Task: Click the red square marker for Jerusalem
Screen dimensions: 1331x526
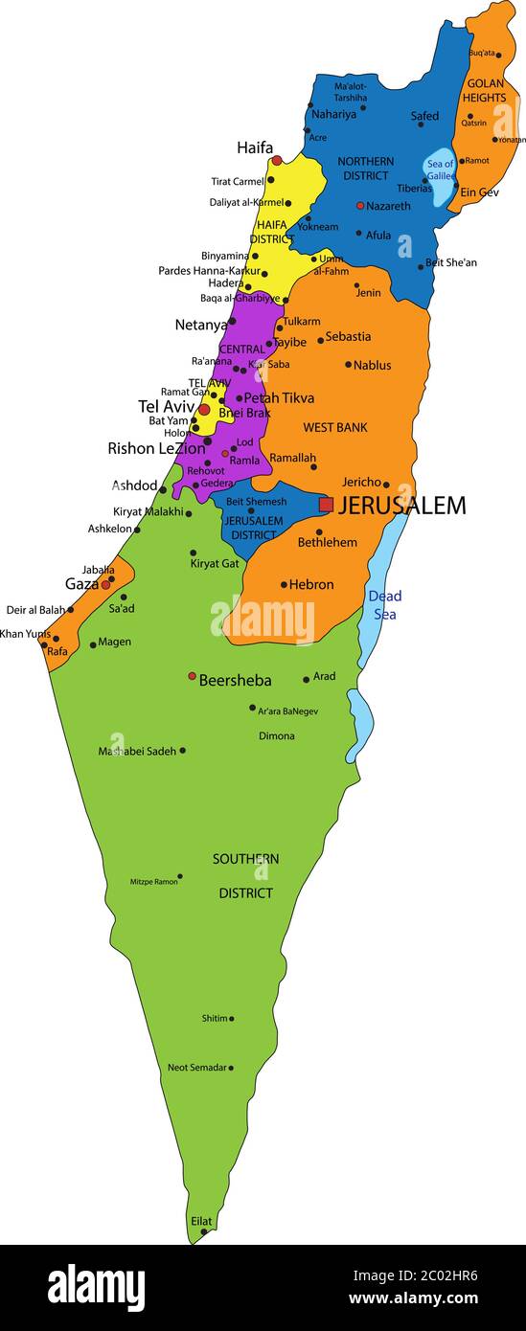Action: pos(327,504)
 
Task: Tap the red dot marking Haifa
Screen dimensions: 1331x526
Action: pos(277,161)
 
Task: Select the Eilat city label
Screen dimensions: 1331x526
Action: pos(201,1221)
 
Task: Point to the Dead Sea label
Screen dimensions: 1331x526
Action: pos(384,604)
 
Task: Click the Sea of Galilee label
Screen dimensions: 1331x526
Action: pos(441,170)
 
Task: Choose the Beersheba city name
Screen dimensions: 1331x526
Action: pos(235,681)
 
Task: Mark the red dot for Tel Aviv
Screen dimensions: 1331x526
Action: pos(204,409)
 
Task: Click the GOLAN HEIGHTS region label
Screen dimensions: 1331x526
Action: pos(485,90)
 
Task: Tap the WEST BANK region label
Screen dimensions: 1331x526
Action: pos(335,427)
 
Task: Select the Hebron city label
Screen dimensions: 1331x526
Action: pos(312,584)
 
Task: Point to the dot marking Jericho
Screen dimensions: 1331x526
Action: pos(386,485)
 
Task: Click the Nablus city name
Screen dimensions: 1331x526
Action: pos(372,365)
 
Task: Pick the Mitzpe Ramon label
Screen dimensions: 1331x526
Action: pos(153,881)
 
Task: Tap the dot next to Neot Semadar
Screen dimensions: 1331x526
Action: pos(231,1068)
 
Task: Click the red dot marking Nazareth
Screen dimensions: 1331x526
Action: pos(360,205)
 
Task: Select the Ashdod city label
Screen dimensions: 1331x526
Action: pos(134,485)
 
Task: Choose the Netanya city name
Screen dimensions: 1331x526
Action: pos(201,325)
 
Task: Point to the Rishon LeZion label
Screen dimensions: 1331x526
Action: pos(156,448)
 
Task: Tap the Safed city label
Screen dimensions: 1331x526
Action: pos(424,116)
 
